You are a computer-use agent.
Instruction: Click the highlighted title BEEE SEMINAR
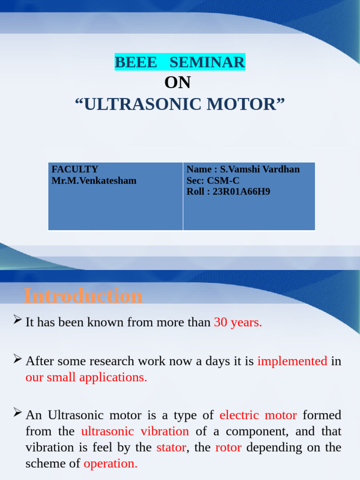pos(180,62)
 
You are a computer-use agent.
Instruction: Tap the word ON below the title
pos(178,83)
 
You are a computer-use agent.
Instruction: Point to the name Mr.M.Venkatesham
pos(94,180)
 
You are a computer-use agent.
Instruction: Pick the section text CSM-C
pos(223,180)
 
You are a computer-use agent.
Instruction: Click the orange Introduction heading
pos(83,296)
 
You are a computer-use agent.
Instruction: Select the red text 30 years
pos(238,322)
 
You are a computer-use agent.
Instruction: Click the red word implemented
pos(292,361)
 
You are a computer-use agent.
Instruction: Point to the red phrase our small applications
pos(86,377)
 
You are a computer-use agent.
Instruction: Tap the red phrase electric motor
pos(258,415)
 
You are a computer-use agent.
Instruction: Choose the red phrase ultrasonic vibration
pos(135,431)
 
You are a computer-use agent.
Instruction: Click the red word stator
pos(171,447)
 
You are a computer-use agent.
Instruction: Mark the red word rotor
pos(228,447)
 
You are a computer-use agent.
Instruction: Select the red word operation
pos(110,464)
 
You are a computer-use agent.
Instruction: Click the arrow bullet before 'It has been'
pos(17,321)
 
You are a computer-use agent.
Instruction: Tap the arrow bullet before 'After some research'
pos(17,360)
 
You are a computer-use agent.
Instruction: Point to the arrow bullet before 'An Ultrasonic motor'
pos(17,413)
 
